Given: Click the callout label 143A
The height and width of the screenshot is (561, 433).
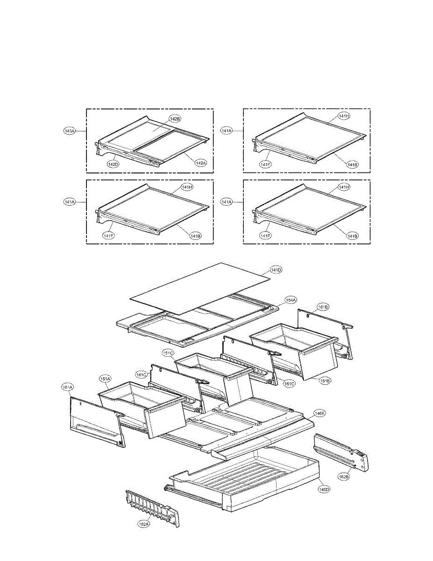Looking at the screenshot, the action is (x=69, y=131).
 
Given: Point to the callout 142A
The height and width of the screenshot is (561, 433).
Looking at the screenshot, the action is (x=199, y=163).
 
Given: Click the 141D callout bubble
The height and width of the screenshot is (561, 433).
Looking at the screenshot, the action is (x=276, y=270).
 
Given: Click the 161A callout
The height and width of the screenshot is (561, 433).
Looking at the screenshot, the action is (x=68, y=387).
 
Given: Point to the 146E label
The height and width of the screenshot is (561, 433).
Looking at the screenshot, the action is (x=319, y=413).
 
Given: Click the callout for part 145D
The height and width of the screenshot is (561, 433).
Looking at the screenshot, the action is (x=324, y=489).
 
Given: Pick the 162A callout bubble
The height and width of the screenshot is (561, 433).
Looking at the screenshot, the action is (x=143, y=524).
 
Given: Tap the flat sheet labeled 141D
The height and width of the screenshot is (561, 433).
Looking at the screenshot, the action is (x=201, y=288).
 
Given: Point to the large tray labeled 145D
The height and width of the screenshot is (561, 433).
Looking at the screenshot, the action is (x=248, y=477).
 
